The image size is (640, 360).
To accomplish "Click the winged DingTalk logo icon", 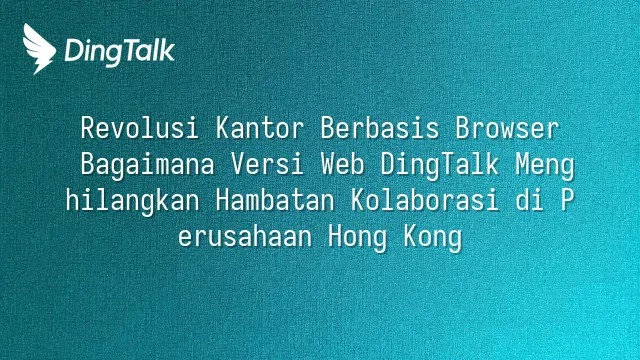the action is coord(39,49).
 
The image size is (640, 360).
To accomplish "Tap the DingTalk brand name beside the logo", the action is coord(120,52).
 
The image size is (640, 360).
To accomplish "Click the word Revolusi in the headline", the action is coord(139,128).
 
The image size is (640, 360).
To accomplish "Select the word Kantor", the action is coord(260,128).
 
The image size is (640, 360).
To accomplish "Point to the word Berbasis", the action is coord(380,128).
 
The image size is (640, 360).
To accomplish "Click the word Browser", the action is coord(507,128).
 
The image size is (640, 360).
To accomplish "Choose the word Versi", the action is coord(267,164).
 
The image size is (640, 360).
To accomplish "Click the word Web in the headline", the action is coord(342,164).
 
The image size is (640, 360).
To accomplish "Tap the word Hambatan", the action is coord(275,200).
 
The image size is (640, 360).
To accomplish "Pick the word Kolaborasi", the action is coord(424,200).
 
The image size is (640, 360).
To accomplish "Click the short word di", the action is coord(530,200).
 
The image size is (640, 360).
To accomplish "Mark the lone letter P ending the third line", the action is coord(567,200).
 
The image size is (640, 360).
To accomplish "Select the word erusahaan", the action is coord(245,236).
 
